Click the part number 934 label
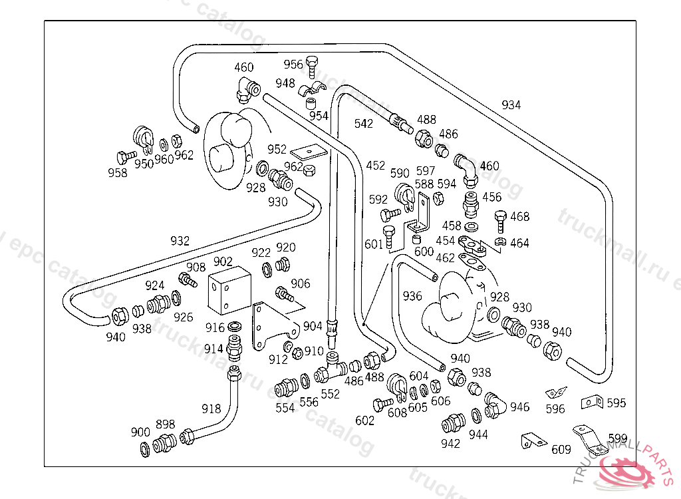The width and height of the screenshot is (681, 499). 511,105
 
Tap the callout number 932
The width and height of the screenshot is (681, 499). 180,241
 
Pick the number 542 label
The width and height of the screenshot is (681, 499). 364,123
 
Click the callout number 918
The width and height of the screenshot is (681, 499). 211,409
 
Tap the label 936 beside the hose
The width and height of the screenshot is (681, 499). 412,296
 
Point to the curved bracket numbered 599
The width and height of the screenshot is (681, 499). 587,438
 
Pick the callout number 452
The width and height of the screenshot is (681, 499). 375,165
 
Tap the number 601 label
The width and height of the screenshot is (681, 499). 374,244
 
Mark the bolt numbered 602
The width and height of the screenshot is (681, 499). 382,404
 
